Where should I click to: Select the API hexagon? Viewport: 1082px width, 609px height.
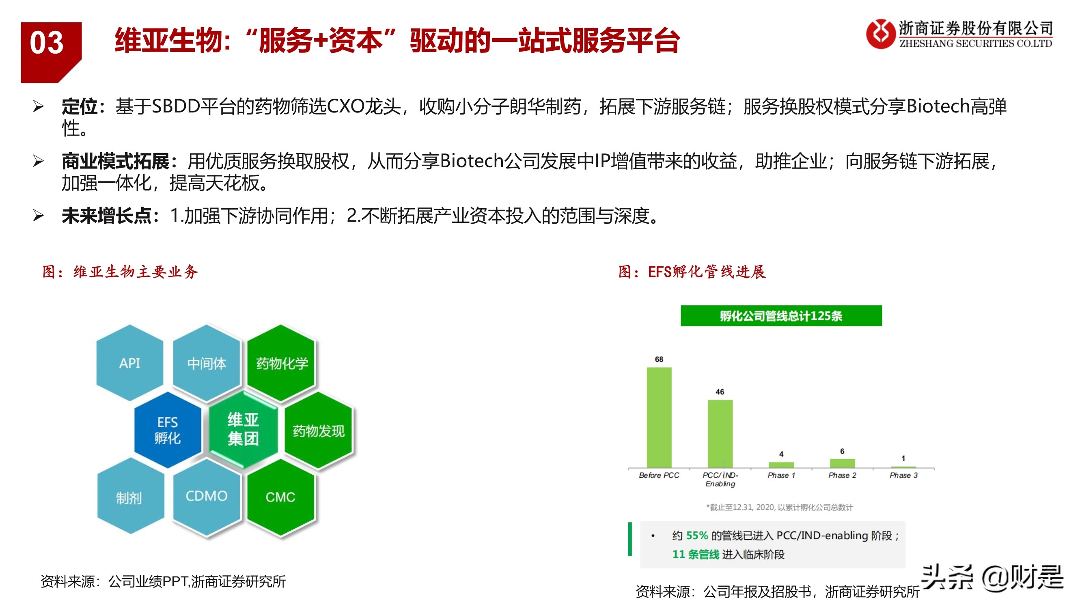click(x=129, y=363)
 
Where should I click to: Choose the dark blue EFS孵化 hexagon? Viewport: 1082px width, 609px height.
click(x=168, y=430)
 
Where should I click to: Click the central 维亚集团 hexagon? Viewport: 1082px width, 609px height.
click(x=243, y=429)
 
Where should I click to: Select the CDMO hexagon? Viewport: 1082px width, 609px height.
click(x=207, y=497)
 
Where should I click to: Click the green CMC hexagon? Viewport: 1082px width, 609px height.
click(x=280, y=497)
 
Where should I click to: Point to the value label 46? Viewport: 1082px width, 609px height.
click(x=720, y=392)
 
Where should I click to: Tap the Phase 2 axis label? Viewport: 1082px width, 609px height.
click(x=842, y=475)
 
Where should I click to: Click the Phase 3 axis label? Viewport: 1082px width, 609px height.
click(x=903, y=475)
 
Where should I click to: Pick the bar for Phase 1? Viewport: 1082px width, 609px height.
click(x=781, y=464)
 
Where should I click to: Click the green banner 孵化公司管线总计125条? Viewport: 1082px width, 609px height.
click(x=781, y=315)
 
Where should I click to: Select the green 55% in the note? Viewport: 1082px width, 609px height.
click(x=697, y=536)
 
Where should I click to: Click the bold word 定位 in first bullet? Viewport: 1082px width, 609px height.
click(x=80, y=107)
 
